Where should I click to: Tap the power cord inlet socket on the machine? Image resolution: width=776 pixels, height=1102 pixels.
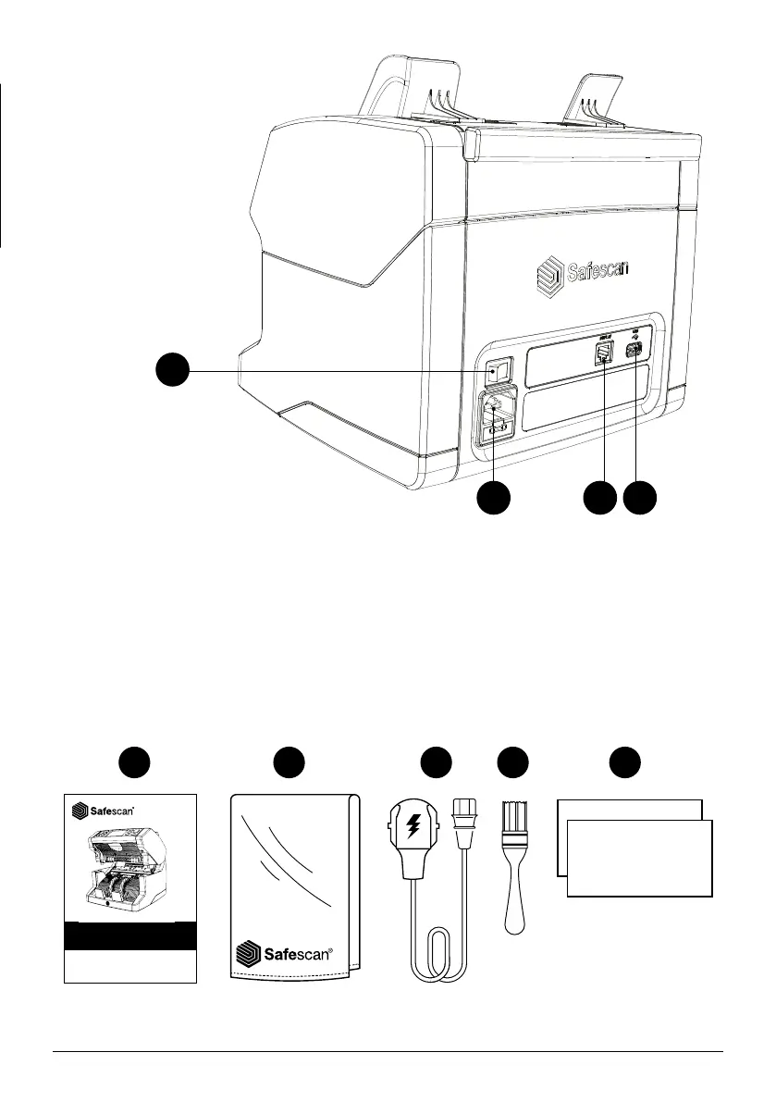coord(496,408)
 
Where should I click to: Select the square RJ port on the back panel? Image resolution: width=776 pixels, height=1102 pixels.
coord(603,353)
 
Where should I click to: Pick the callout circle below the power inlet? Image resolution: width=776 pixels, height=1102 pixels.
coord(493,498)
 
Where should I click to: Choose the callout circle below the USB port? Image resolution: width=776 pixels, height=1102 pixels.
coord(639,498)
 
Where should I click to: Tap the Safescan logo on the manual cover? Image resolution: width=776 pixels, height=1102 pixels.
coord(104,811)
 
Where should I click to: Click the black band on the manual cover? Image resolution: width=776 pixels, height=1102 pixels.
coord(129,936)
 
